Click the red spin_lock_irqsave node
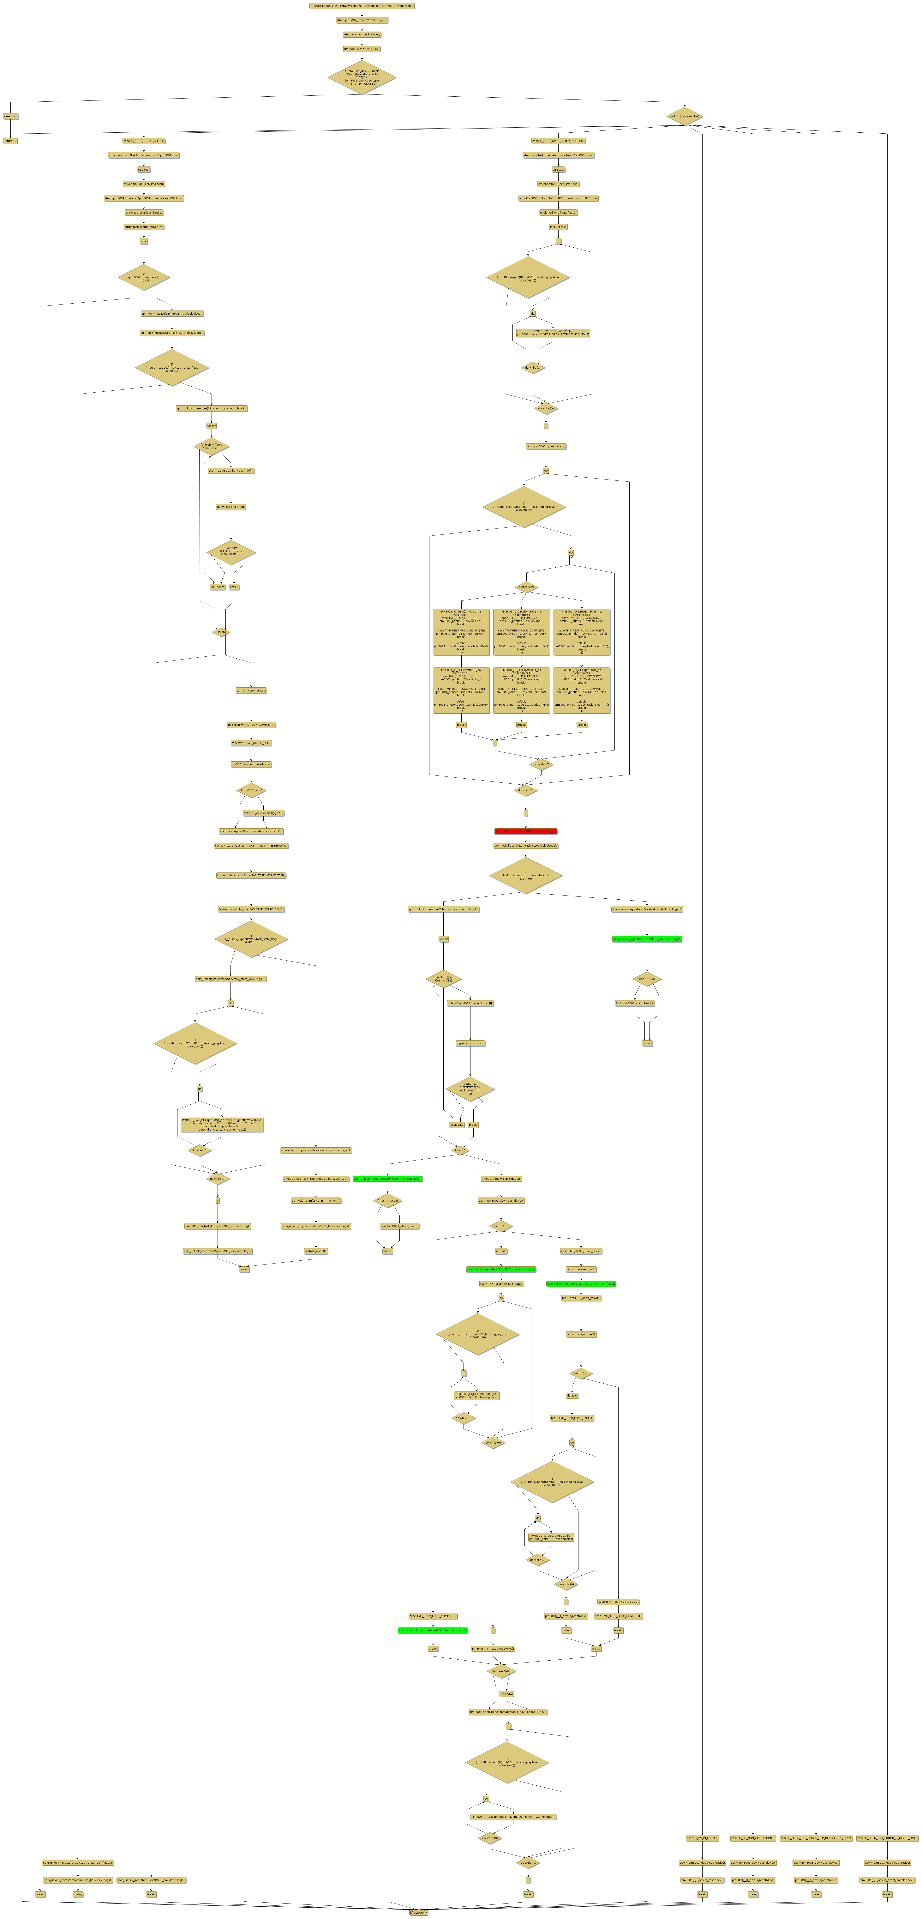[525, 831]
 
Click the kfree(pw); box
[10, 116]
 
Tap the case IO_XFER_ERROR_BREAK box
[144, 141]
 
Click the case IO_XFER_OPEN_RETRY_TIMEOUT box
[558, 141]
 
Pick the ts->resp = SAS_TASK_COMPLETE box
[251, 725]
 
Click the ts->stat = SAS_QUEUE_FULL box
[251, 743]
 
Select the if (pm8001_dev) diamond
[251, 790]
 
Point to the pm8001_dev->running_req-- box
[264, 813]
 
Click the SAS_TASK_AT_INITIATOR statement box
[251, 875]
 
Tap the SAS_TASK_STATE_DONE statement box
[251, 909]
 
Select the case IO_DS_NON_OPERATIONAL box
[753, 1838]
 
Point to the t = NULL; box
[506, 1693]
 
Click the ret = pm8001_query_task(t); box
[546, 446]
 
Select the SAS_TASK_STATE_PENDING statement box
[251, 846]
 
